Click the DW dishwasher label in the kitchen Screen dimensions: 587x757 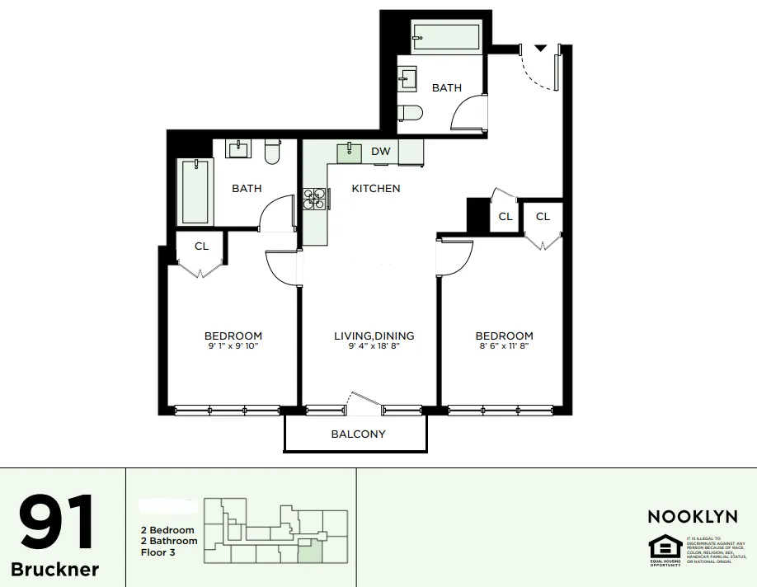(x=380, y=152)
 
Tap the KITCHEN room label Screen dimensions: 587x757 (x=376, y=189)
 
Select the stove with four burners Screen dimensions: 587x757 (x=313, y=200)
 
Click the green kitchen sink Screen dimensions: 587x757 (x=350, y=152)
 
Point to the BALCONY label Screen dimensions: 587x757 (x=358, y=434)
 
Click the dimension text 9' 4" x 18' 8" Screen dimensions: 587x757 (x=374, y=347)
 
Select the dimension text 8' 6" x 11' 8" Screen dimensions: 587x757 (x=504, y=347)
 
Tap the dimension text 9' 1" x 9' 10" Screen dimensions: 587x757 (x=233, y=347)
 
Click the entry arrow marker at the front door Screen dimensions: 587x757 (x=539, y=49)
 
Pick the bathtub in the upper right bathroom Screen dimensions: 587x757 (x=445, y=37)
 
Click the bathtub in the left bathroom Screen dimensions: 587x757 (x=195, y=191)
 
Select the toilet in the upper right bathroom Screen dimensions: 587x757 (x=410, y=112)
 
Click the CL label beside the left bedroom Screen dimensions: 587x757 (x=201, y=247)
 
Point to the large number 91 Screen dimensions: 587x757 (x=56, y=524)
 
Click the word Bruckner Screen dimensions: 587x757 (x=55, y=570)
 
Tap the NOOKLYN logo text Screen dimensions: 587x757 (x=692, y=517)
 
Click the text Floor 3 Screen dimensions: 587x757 (x=158, y=552)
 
